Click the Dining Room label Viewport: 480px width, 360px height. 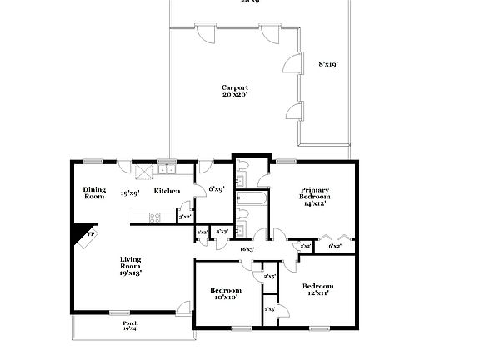[94, 192]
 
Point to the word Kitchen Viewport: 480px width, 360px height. [167, 192]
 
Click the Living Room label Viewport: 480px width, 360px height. [129, 265]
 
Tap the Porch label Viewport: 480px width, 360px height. [131, 325]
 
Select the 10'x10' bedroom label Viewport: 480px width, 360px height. [225, 292]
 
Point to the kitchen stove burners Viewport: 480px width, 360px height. [153, 218]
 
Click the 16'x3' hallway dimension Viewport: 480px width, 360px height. [247, 249]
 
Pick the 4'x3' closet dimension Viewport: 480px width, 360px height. [222, 231]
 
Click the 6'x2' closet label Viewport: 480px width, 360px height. [335, 246]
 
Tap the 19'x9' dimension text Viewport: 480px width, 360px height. [129, 192]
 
